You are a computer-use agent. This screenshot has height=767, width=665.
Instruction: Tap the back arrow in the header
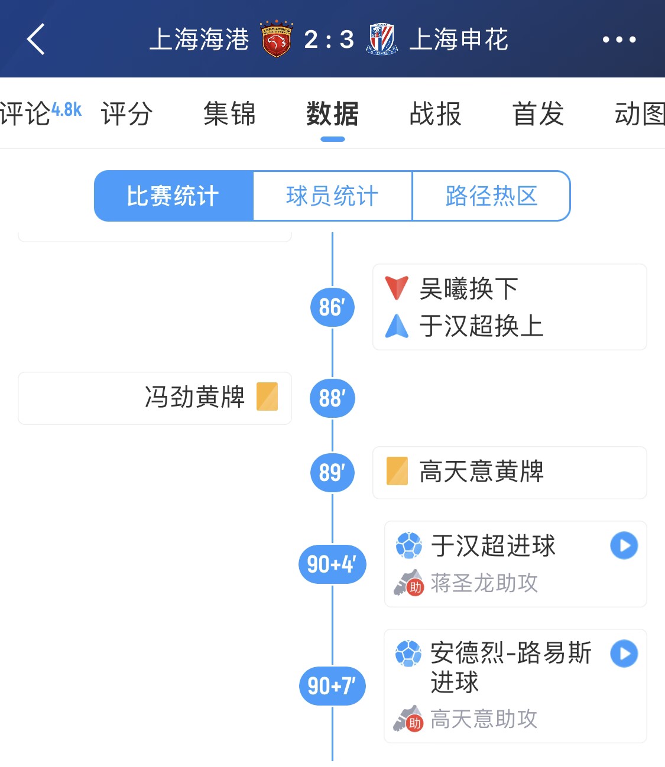coord(35,39)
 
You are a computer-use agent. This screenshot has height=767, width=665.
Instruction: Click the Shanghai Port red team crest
coord(276,38)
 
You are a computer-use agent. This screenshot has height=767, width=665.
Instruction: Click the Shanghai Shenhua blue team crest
coord(382,39)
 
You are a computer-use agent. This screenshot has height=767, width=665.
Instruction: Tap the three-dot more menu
coord(619,40)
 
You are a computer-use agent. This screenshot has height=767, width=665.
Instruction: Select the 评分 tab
coord(126,113)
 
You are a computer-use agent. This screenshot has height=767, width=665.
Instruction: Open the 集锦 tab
coord(229,113)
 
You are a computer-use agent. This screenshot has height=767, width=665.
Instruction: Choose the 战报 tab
coord(435,113)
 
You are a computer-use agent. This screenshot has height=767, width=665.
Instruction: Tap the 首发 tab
coord(538,113)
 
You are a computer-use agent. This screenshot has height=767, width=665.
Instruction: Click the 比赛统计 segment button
coord(173,196)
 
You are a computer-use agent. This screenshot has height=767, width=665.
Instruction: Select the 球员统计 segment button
coord(332,196)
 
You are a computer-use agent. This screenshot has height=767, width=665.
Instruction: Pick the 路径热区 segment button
coord(491,196)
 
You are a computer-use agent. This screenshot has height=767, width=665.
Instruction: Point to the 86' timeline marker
coord(332,307)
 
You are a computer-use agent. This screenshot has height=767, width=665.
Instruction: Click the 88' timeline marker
coord(332,398)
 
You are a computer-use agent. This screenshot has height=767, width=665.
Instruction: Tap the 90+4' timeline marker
coord(332,564)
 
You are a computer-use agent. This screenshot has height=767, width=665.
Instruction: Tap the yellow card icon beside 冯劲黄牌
coord(267,396)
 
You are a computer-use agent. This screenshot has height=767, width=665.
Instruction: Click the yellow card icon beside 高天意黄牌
coord(397,471)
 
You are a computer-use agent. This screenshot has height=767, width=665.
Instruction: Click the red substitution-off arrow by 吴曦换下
coord(397,288)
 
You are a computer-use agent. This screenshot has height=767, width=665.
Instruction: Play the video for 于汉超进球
coord(624,545)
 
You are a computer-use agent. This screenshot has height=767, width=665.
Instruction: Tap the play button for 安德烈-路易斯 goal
coord(624,654)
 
